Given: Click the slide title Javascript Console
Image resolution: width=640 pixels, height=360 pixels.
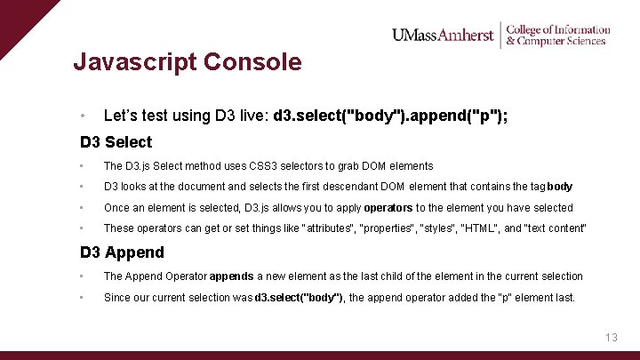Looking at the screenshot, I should click(188, 62).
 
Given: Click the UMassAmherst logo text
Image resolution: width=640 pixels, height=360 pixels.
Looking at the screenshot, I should click(442, 35).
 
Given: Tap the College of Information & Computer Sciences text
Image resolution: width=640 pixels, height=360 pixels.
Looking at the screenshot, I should click(557, 35).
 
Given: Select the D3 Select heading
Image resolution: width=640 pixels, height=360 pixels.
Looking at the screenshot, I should click(116, 142).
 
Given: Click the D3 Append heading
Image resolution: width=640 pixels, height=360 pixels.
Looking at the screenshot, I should click(122, 252).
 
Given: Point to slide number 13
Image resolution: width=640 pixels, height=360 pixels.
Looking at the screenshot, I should click(611, 338).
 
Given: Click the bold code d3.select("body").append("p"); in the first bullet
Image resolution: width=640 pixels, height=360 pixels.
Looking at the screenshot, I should click(391, 116).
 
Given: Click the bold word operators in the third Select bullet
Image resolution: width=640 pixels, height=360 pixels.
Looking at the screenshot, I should click(388, 208).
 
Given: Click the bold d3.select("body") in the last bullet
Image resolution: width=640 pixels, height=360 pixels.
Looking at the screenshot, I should click(300, 298).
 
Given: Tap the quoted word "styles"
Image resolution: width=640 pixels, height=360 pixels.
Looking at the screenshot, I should click(431, 228).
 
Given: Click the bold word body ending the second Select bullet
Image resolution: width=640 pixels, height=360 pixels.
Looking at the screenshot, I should click(560, 188).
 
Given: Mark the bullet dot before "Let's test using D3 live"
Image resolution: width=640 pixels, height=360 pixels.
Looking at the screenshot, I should click(81, 116).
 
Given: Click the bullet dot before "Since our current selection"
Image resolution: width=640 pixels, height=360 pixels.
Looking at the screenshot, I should click(81, 298).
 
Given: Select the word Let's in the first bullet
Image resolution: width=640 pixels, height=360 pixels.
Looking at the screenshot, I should click(121, 116).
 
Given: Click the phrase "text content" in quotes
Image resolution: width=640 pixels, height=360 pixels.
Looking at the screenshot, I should click(556, 228).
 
